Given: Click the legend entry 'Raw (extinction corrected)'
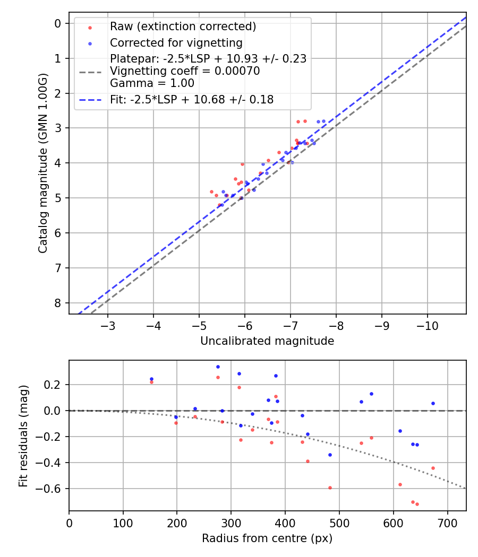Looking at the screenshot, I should (183, 27).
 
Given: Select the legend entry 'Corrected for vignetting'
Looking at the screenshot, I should (176, 43).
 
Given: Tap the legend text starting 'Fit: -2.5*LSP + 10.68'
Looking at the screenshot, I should (192, 100).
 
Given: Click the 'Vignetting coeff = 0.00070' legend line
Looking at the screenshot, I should (185, 71).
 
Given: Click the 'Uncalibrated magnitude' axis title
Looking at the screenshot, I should (267, 341).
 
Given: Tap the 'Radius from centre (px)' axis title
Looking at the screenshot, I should (267, 538).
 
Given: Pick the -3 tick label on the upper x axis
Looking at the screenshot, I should (108, 325).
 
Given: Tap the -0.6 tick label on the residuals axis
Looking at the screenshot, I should (52, 489).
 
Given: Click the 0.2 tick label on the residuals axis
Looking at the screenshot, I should (55, 385).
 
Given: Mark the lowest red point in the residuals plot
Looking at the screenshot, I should (417, 504).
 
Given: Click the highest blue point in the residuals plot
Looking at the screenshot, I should (218, 367).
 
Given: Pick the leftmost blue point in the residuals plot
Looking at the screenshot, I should (151, 379).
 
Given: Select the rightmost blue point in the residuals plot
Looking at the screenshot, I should (433, 403).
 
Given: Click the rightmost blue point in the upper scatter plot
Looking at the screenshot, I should (323, 121).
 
